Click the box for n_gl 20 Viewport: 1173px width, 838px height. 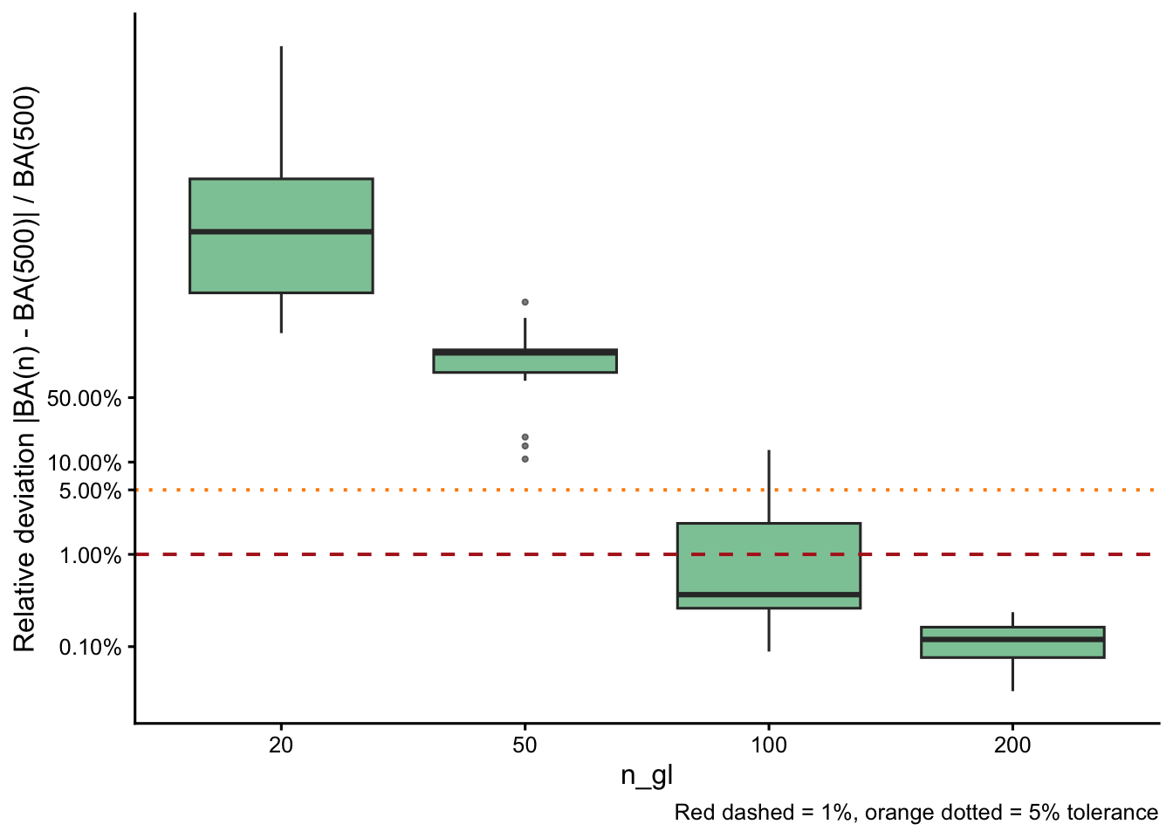pyautogui.click(x=281, y=262)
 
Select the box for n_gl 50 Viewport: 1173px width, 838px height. pyautogui.click(x=525, y=363)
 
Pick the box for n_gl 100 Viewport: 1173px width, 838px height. pyautogui.click(x=768, y=559)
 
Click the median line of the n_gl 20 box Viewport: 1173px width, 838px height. pyautogui.click(x=281, y=231)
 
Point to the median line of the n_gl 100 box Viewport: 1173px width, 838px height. pyautogui.click(x=768, y=594)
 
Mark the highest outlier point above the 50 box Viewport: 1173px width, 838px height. pyautogui.click(x=525, y=302)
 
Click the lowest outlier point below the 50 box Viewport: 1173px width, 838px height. pyautogui.click(x=525, y=458)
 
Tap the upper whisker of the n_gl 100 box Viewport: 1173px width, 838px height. pyautogui.click(x=768, y=486)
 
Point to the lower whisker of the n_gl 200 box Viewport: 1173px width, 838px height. pyautogui.click(x=1012, y=674)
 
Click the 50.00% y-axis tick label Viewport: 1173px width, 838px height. pyautogui.click(x=84, y=399)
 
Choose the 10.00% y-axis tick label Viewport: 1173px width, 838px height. pyautogui.click(x=84, y=463)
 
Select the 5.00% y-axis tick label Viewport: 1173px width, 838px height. pyautogui.click(x=90, y=491)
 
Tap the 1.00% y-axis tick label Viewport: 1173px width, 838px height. pyautogui.click(x=90, y=555)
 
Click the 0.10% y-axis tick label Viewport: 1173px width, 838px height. pyautogui.click(x=90, y=647)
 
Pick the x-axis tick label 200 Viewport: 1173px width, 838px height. pyautogui.click(x=1012, y=745)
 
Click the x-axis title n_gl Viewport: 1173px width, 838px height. pyautogui.click(x=647, y=775)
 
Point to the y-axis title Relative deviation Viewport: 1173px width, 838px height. pyautogui.click(x=25, y=368)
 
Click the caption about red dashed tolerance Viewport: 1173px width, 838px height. pyautogui.click(x=916, y=813)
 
